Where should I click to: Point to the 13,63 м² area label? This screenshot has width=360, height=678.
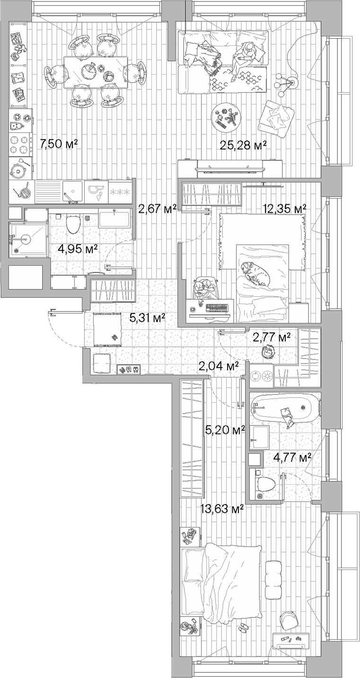222,509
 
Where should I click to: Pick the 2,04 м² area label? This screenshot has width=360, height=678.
218,365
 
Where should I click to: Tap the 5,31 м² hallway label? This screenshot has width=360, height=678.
147,318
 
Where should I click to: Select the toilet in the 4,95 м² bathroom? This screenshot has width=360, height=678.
73,225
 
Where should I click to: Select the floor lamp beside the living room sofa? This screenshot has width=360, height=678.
286,84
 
